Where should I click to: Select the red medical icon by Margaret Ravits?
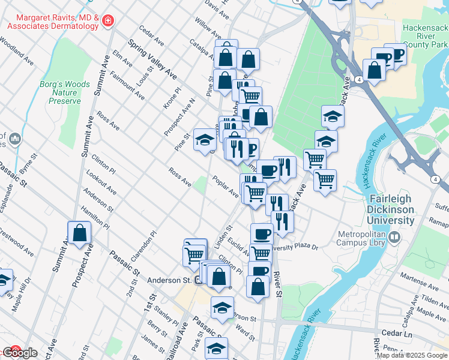pos(107,22)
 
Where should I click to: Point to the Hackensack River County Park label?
pos(424,36)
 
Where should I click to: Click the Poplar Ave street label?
pos(225,185)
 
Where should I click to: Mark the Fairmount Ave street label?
pos(127,85)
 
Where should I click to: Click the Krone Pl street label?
pos(172,98)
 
